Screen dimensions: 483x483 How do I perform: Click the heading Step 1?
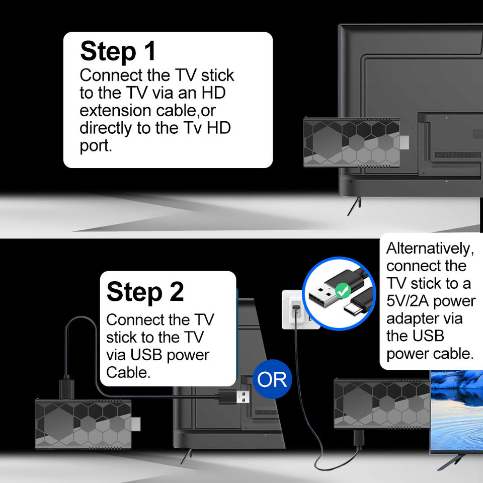(118, 51)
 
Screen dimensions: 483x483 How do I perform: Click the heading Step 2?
(145, 291)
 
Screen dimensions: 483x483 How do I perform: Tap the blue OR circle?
(272, 379)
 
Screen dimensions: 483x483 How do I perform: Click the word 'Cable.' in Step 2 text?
(129, 372)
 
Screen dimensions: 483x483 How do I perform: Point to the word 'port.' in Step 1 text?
(96, 145)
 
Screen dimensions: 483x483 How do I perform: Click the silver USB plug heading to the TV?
(243, 396)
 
